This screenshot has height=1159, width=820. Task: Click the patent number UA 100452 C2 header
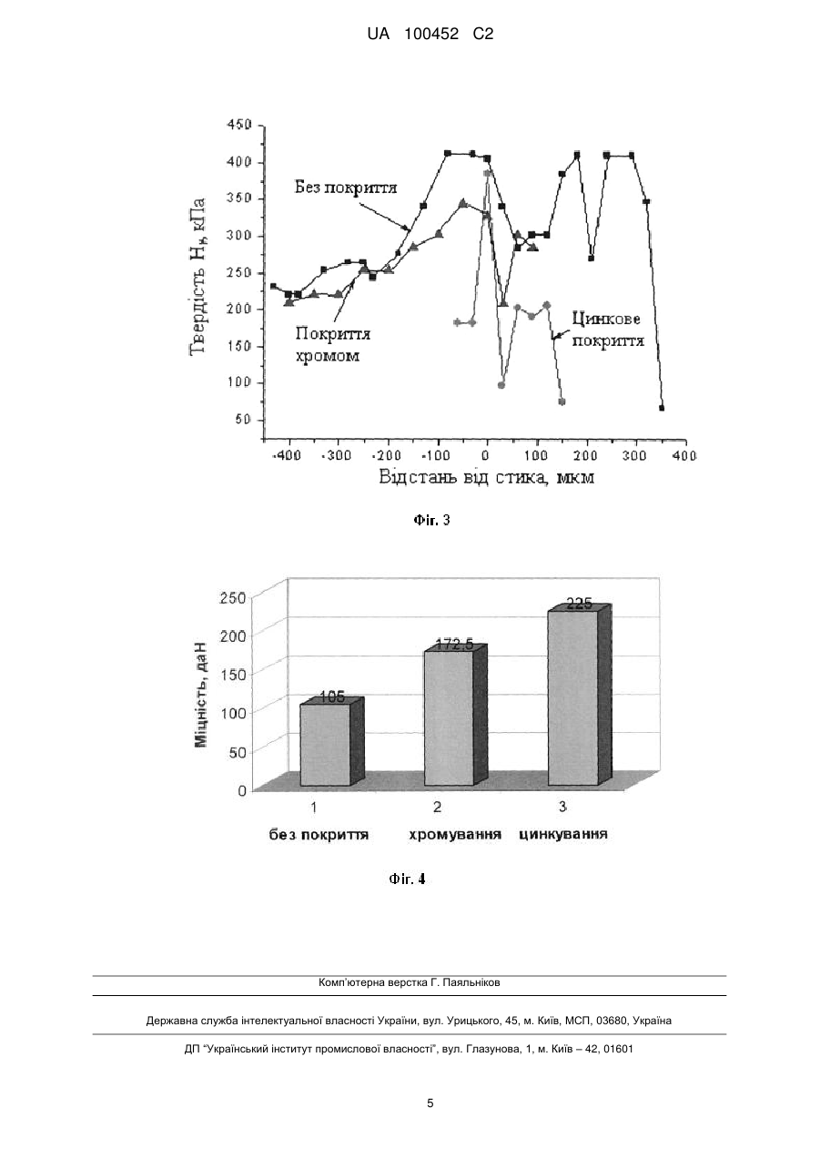click(x=430, y=35)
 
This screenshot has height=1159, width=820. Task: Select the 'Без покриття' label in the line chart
click(x=346, y=187)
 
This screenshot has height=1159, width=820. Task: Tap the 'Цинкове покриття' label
click(x=608, y=330)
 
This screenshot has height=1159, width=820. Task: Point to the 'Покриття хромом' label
click(x=333, y=344)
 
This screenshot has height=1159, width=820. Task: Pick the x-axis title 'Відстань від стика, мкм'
click(x=486, y=476)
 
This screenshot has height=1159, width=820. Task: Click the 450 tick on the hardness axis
click(x=239, y=125)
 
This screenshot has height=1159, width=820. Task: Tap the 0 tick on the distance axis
click(x=486, y=455)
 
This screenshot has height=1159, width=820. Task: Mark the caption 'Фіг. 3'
click(x=431, y=520)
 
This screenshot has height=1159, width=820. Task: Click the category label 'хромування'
click(x=455, y=835)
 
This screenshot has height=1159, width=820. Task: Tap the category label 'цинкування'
click(x=562, y=835)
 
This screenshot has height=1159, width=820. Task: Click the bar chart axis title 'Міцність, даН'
click(x=202, y=696)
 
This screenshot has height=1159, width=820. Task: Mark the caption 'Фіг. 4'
click(x=407, y=879)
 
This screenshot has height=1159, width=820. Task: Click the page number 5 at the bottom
click(x=430, y=1103)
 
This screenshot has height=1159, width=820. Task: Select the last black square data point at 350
click(x=662, y=408)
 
